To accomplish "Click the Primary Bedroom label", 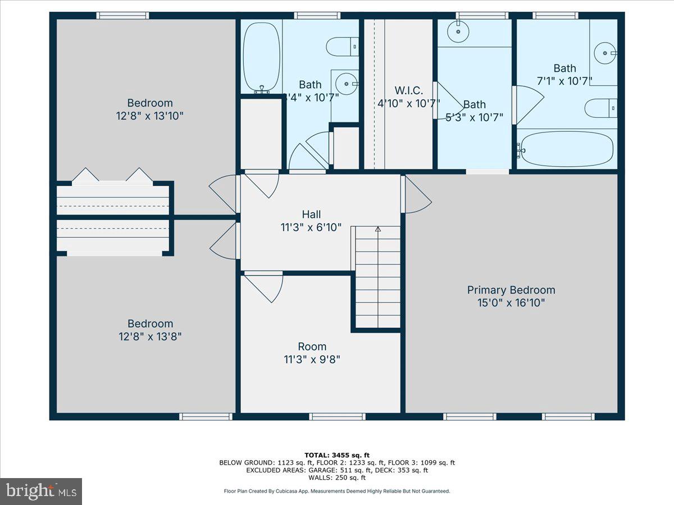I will (x=511, y=290).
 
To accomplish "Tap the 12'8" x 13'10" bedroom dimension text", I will (x=150, y=116).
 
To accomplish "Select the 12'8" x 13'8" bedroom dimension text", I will (x=150, y=337).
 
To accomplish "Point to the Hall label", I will (x=311, y=214).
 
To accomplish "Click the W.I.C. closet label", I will (x=408, y=90).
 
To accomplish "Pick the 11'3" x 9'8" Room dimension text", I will (x=312, y=360).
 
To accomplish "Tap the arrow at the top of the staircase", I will (x=378, y=229).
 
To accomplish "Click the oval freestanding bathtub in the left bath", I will (x=261, y=57).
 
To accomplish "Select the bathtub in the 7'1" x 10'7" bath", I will (x=567, y=149).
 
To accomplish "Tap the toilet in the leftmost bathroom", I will (x=342, y=47).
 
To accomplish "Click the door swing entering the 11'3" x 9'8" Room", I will (x=264, y=286).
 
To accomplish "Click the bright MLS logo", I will (x=41, y=492).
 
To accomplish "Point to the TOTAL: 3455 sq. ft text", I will (x=336, y=455).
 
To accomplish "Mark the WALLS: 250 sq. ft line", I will (x=337, y=478).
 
